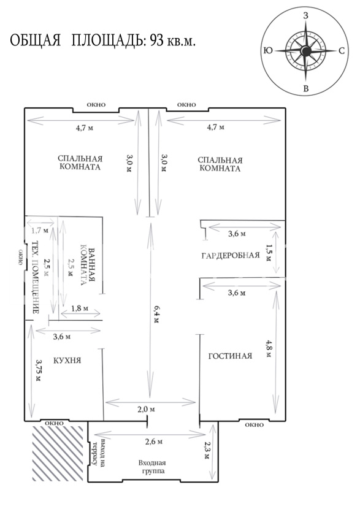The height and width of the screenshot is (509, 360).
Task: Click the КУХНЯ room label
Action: tap(67, 361)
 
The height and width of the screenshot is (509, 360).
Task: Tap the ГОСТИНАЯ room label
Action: tap(230, 356)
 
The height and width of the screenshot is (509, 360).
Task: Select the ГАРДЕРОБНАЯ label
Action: tap(231, 255)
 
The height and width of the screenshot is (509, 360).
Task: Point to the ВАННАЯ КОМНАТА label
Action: tap(88, 267)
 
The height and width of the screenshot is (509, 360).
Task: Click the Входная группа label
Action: tap(152, 467)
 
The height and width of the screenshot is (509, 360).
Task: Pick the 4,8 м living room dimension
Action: tap(269, 348)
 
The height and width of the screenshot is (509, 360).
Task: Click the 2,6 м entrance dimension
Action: tap(153, 442)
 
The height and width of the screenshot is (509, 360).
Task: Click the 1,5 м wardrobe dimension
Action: tap(269, 253)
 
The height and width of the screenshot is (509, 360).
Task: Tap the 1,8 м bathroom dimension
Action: tap(79, 308)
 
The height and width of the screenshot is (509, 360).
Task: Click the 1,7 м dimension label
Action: tap(40, 231)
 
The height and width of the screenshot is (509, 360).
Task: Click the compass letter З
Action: tap(305, 15)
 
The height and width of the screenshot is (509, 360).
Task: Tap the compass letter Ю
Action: tap(269, 51)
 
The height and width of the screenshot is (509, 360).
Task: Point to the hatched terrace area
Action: tap(58, 453)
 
